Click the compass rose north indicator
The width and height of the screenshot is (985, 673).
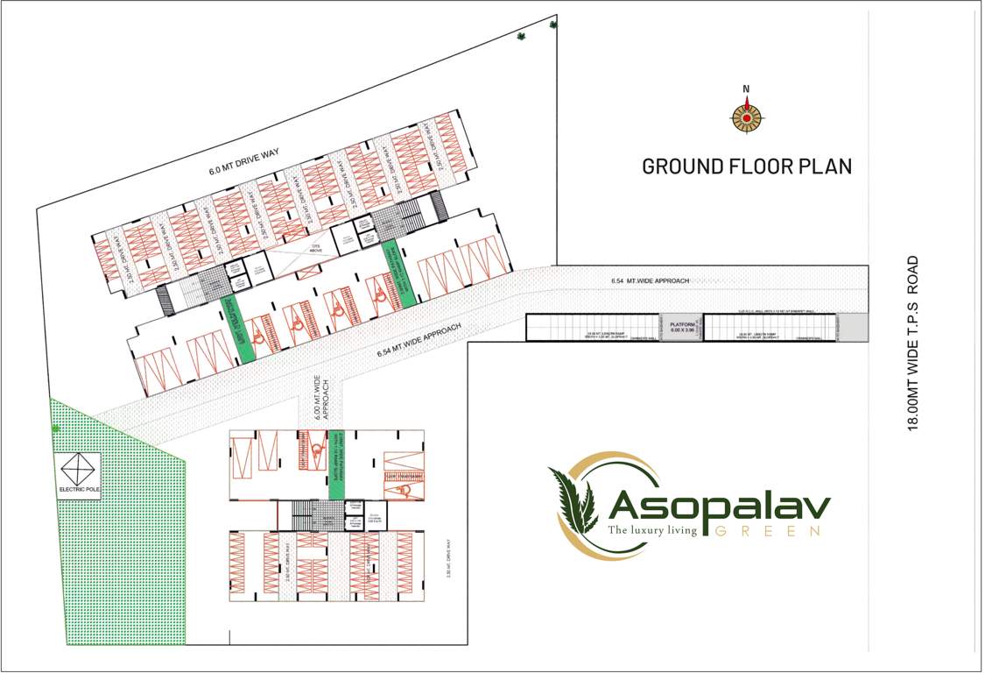click(x=747, y=117)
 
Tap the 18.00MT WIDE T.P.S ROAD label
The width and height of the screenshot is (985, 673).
click(x=913, y=343)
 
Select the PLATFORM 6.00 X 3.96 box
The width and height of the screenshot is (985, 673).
click(x=682, y=328)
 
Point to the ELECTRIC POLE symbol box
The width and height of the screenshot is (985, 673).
click(x=79, y=476)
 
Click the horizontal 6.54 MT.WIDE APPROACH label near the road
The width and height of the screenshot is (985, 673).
click(x=651, y=280)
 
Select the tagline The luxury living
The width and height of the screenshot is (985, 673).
click(x=653, y=530)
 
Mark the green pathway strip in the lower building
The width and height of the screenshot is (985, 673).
click(x=337, y=464)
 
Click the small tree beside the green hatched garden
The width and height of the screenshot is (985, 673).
click(x=56, y=429)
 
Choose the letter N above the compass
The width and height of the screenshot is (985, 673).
click(x=746, y=89)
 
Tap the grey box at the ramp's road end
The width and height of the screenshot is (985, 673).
click(x=857, y=327)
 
